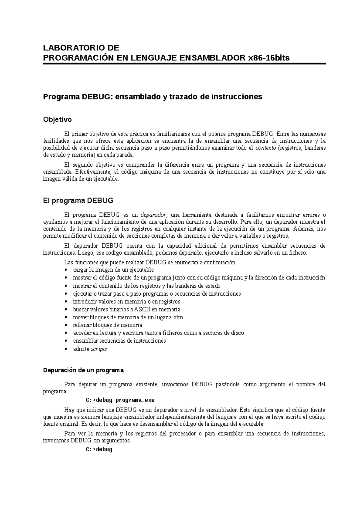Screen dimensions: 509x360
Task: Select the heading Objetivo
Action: [58, 120]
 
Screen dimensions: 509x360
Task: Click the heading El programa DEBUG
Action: [78, 201]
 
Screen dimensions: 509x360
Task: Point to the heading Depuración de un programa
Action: [83, 370]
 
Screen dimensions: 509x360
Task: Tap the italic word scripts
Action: [99, 349]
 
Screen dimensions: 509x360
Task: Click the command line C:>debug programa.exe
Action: [120, 400]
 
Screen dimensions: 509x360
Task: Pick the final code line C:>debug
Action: [99, 449]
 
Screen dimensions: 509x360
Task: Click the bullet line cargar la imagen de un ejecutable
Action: [113, 270]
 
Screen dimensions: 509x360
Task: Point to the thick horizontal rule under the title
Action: [184, 64]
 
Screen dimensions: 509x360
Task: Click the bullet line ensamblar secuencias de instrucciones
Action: [119, 341]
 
